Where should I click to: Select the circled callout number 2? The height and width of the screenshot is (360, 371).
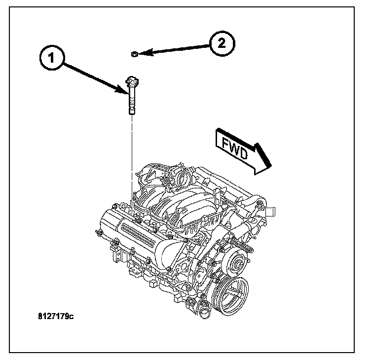[221, 43]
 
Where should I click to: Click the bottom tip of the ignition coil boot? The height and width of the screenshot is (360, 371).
[132, 112]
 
